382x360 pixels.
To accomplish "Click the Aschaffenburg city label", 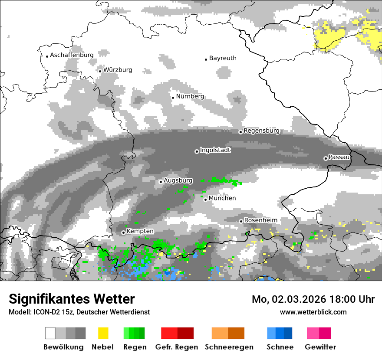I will click(72, 55).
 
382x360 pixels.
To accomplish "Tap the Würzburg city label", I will click(118, 70).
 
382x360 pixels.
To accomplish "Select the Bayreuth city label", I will click(223, 58).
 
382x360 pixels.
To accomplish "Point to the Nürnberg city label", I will click(190, 96).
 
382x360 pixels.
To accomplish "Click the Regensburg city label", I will click(261, 131).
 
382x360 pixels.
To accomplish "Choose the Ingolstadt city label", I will click(215, 150).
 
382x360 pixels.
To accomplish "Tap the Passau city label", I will click(339, 157).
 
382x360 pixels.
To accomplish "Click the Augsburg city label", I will click(178, 180).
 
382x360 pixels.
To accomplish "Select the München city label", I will click(222, 198).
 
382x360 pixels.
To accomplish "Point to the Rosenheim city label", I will click(260, 220).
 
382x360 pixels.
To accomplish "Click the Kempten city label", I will click(140, 231).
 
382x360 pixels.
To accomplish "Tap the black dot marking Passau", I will click(326, 158).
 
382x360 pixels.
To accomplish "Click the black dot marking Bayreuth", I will click(206, 59).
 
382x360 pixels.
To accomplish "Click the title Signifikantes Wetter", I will click(72, 299).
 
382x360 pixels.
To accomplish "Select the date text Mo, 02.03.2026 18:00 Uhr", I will click(313, 299).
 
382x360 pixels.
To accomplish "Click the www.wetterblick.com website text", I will click(313, 312).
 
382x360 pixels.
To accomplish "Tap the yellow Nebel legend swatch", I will click(103, 333).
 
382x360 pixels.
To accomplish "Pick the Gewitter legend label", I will click(320, 347).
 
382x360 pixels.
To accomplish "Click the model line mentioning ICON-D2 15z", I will click(79, 312).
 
